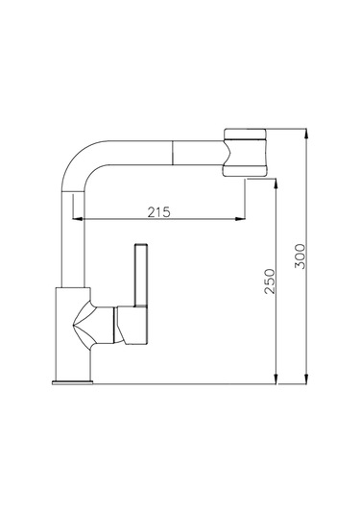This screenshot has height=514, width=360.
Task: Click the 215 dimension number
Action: pos(158,212)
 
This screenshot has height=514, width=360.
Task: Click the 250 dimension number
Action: pos(270,281)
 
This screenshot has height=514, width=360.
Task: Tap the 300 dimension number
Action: pos(300,256)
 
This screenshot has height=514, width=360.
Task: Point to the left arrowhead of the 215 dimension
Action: pos(77,219)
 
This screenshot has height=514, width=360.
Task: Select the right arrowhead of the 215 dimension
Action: pos(240,219)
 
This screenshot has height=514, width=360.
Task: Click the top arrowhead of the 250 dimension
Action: pos(276,184)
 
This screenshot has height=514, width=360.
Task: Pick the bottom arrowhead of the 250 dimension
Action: pos(276,379)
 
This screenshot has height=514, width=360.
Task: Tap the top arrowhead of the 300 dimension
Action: pos(306,134)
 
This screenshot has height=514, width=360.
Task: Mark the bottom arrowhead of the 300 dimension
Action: pos(306,379)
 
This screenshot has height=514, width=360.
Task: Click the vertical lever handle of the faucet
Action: pos(141,275)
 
